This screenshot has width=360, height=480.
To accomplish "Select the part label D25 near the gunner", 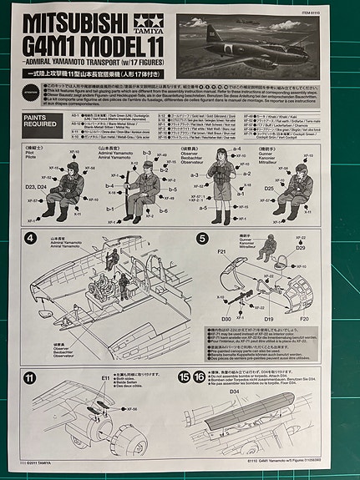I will tap(269, 189).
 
